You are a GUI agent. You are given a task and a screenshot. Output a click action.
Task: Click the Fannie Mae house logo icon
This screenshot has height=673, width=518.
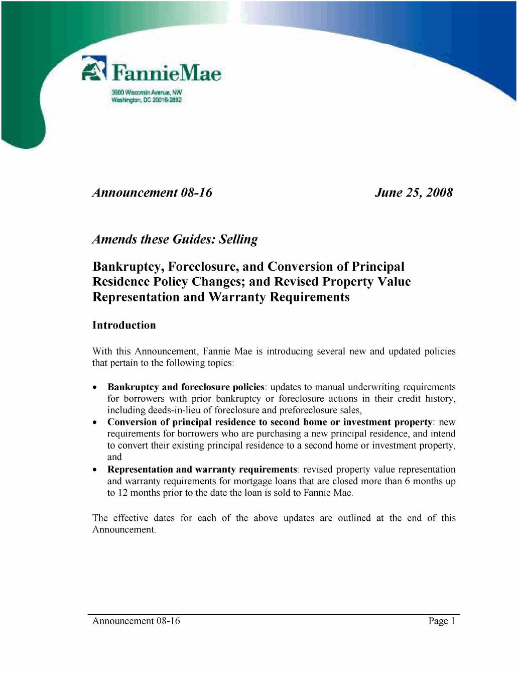94,68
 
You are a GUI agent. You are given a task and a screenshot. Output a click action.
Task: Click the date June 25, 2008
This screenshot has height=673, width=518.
414,193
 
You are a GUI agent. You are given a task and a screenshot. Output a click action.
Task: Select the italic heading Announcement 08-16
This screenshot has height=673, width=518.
152,193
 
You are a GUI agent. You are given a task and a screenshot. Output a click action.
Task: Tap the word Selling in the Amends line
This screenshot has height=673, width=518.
238,240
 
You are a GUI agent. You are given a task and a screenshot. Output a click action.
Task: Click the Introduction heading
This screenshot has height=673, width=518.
124,325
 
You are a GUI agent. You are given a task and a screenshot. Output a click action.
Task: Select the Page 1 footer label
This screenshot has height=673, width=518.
442,621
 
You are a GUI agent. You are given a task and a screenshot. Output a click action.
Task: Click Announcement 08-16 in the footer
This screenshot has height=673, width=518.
136,621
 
